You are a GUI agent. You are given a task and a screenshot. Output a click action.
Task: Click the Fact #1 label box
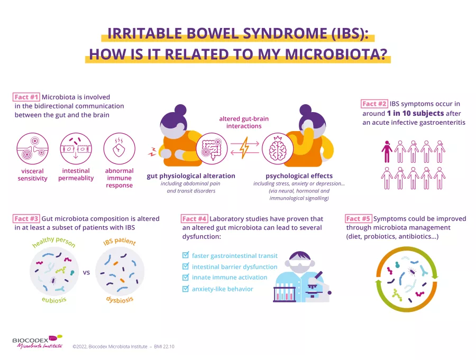tap(26, 97)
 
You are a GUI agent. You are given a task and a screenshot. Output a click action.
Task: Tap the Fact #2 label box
tap(375, 104)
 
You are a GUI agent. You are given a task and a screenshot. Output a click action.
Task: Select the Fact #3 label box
tap(26, 218)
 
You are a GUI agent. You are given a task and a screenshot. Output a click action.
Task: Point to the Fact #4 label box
tap(194, 219)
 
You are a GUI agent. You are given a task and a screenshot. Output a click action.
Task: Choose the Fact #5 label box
tap(359, 219)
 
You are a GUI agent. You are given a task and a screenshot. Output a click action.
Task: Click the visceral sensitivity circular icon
tap(33, 148)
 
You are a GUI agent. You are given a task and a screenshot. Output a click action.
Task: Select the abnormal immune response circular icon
tap(119, 148)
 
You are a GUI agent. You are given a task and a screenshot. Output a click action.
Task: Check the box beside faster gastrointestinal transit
tap(186, 255)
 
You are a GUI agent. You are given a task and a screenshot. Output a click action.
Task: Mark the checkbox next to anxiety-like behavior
tap(186, 289)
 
